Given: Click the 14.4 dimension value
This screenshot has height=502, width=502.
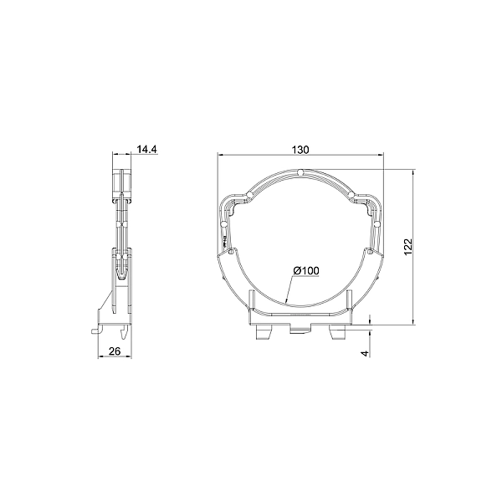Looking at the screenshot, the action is tap(147, 149).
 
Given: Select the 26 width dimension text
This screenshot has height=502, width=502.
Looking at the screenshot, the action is tap(115, 351).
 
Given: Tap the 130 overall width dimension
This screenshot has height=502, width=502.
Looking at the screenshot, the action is tap(300, 150).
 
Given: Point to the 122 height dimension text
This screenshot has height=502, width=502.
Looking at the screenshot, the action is tap(408, 247).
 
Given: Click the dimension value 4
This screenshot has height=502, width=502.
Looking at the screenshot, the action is tap(365, 353).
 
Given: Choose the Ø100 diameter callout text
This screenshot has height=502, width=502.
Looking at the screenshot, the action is tap(306, 271).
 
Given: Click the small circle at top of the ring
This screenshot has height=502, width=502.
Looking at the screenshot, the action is tap(300, 173).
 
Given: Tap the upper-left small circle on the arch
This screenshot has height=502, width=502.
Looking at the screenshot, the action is tap(249, 195).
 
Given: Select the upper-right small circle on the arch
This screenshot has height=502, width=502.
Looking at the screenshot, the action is tap(351, 195).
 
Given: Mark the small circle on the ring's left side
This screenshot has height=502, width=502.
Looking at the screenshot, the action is tap(224, 223).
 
